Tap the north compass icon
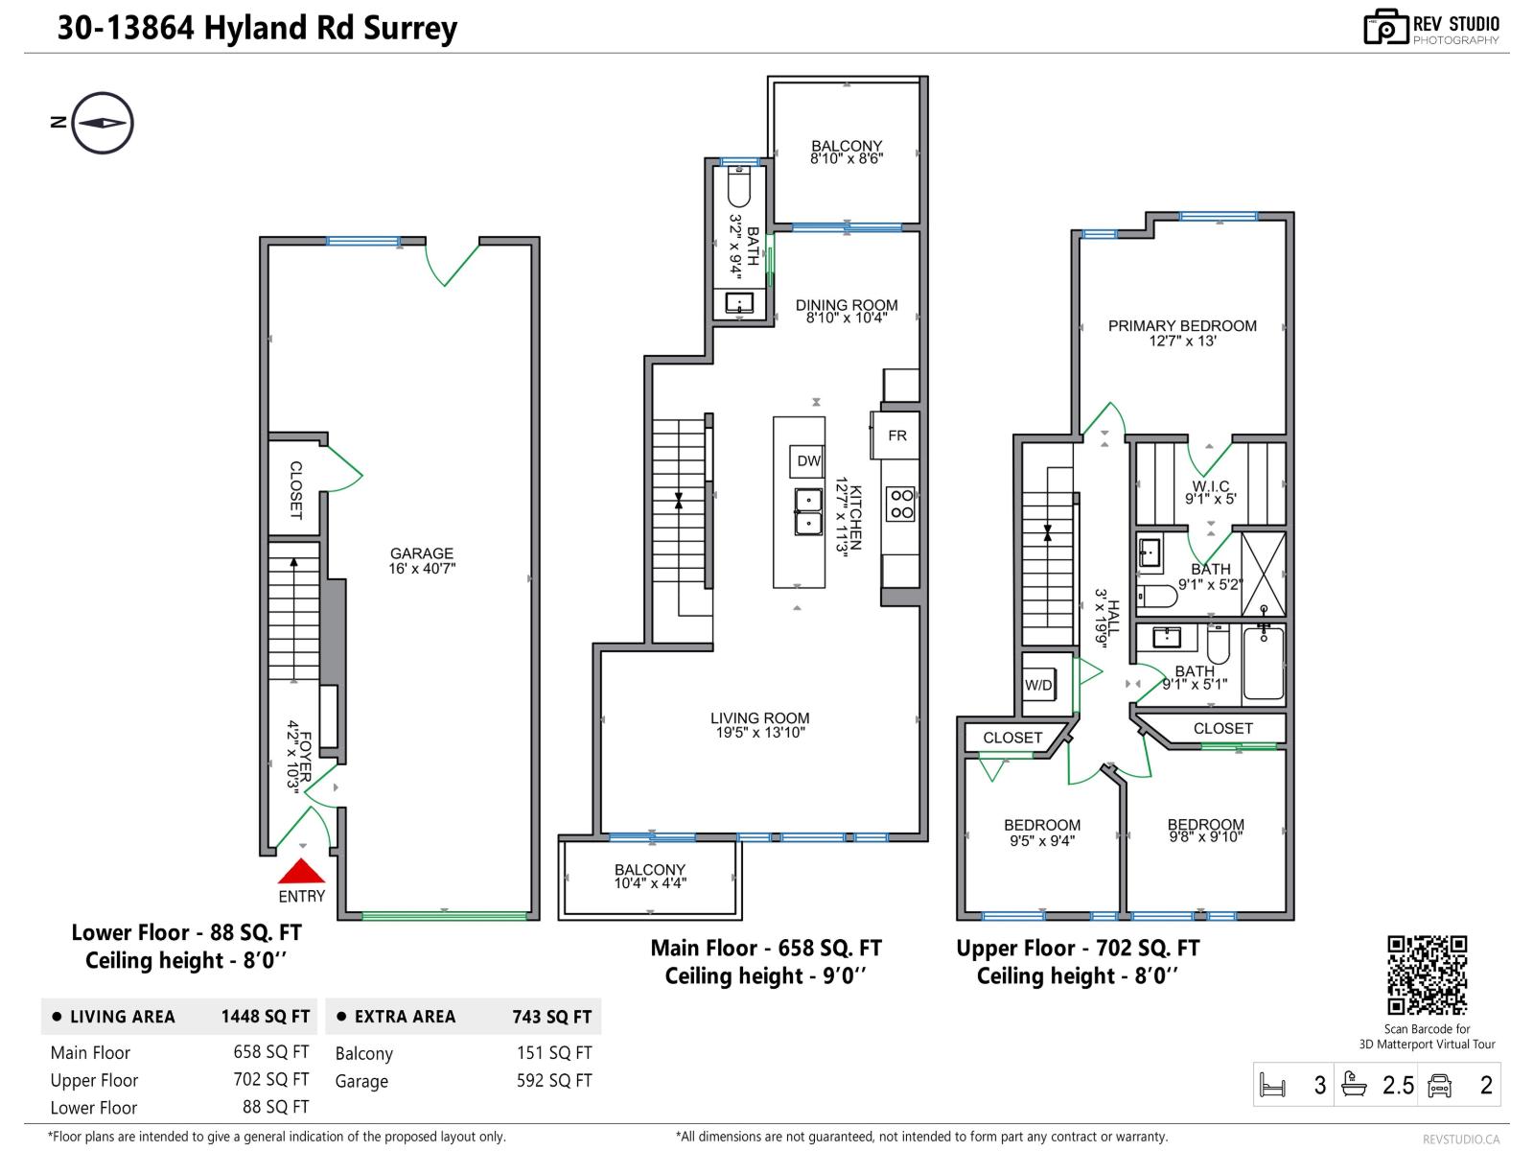point(102,123)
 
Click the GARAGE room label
point(422,560)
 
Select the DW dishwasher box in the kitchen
point(808,461)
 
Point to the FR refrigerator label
point(897,435)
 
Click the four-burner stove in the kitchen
point(900,505)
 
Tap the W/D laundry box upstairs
point(1039,685)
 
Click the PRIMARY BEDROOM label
point(1182,332)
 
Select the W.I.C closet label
point(1210,492)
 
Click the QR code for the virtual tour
point(1428,975)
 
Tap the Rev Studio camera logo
point(1385,27)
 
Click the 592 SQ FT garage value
point(554,1081)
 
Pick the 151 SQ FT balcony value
point(554,1053)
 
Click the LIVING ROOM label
point(759,724)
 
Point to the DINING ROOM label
point(847,311)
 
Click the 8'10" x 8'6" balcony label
point(846,153)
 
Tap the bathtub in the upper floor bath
point(1263,663)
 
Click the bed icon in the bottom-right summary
point(1272,1085)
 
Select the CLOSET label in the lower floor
point(295,490)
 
